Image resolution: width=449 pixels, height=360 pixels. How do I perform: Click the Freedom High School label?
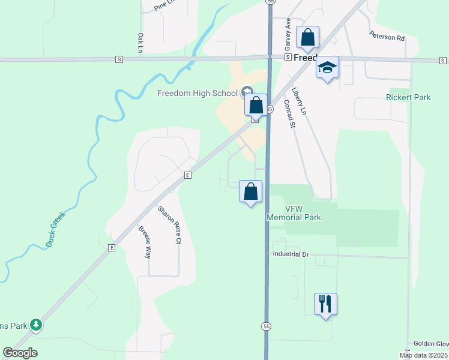pos(197,93)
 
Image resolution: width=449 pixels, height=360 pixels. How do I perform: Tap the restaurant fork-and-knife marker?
pos(325,304)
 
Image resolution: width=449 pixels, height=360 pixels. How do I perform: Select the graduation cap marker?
pos(327,67)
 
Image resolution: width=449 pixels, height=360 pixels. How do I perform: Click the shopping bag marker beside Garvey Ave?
pos(307,38)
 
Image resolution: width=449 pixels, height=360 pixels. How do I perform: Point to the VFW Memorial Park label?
pos(294,213)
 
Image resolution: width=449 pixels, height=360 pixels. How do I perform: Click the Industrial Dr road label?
pos(290,254)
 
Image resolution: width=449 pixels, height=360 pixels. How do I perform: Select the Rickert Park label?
pos(408,97)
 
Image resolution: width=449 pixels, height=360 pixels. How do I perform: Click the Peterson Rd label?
pos(387,37)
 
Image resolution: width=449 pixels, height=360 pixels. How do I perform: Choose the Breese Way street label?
pos(144,242)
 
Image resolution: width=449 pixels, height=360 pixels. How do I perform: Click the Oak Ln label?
pos(140,42)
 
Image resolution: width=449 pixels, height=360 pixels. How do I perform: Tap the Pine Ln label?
pos(163,5)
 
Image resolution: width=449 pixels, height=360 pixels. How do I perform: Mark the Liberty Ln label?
pos(299,101)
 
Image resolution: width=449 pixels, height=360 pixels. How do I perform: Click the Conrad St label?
pos(289,113)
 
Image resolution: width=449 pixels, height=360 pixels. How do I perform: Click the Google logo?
pos(20,353)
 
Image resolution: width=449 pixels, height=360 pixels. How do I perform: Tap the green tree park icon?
pos(36,325)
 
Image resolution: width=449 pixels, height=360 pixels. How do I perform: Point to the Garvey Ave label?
pos(288,34)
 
